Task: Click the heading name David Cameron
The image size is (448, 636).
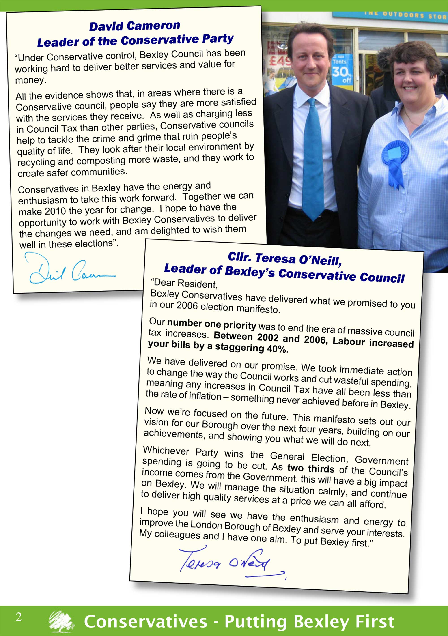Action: [135, 26]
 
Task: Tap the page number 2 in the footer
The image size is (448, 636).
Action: [19, 617]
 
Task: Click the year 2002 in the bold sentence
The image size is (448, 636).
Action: [267, 337]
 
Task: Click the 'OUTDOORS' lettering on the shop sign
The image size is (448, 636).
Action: [403, 15]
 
